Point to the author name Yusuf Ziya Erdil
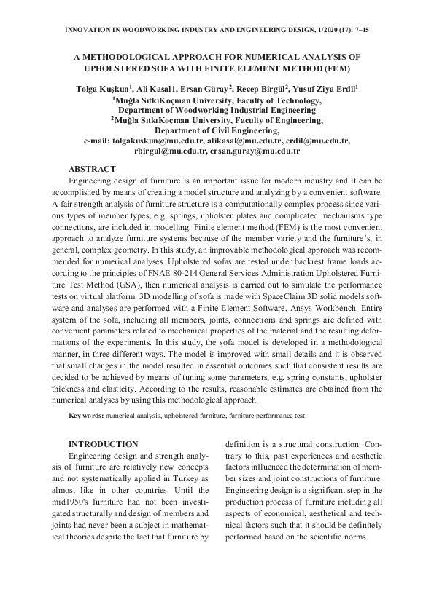coord(330,90)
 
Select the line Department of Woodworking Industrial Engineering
coord(217,110)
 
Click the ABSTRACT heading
coord(92,169)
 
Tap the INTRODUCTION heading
coord(103,444)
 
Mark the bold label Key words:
coord(85,415)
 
